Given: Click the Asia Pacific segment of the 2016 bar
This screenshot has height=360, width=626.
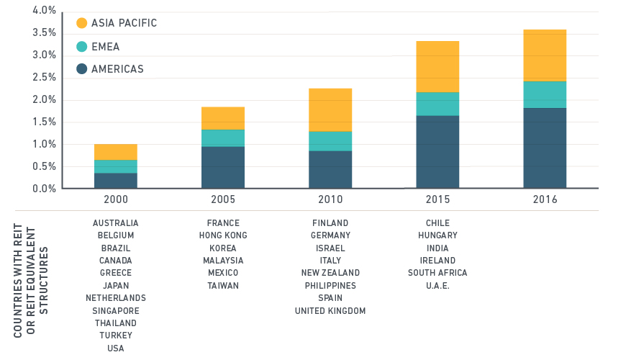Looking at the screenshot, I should [x=545, y=55].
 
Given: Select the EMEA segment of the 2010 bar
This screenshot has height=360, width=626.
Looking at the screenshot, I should [x=330, y=141].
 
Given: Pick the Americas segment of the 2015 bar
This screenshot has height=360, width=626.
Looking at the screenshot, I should [x=437, y=152].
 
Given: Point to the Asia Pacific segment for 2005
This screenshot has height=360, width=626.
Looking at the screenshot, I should [x=223, y=118].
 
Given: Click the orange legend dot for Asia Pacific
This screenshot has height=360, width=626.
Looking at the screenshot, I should [x=81, y=24].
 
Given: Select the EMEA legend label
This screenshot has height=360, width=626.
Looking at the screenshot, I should [x=105, y=47].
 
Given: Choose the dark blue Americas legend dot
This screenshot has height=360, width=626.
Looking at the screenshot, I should [x=81, y=69].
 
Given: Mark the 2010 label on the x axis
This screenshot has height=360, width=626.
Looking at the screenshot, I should [x=330, y=199].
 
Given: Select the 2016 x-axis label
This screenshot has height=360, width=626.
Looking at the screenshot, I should [x=545, y=199].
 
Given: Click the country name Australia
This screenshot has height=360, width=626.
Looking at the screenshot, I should [x=115, y=223].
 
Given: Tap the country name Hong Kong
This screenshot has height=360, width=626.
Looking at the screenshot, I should [x=223, y=235].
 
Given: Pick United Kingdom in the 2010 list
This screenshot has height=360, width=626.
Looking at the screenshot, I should [x=330, y=311].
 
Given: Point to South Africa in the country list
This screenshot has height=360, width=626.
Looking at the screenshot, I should [x=437, y=273].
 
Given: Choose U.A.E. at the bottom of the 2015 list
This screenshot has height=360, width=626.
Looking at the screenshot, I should [x=437, y=285].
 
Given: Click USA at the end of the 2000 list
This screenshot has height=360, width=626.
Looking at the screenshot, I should [x=115, y=348].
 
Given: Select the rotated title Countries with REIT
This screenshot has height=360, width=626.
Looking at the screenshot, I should [x=19, y=292].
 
